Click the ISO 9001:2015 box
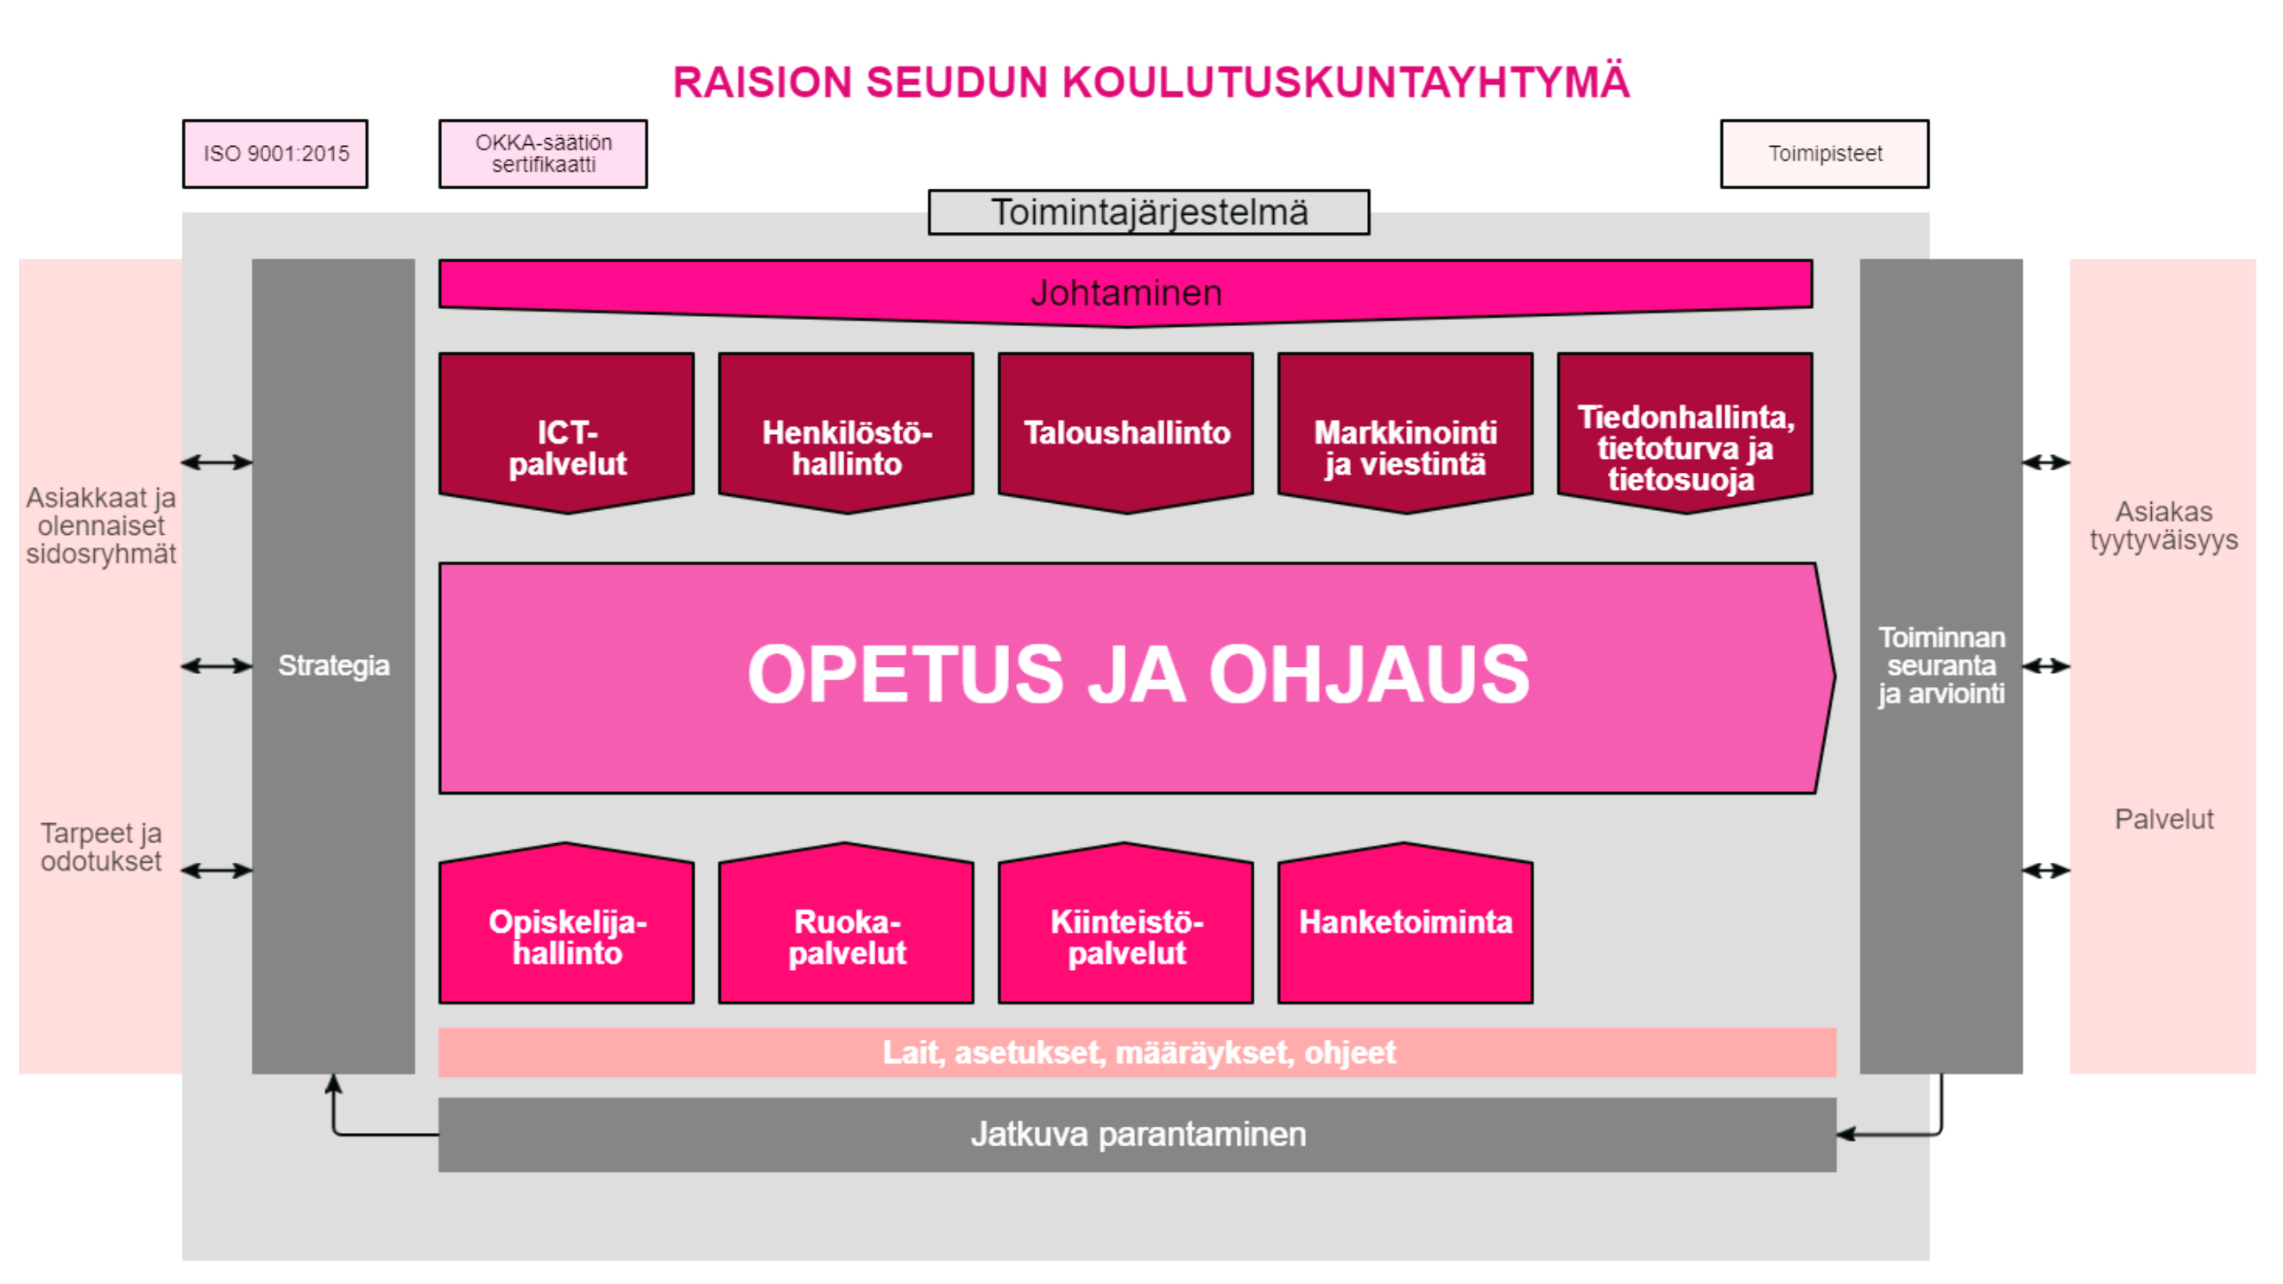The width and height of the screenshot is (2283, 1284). point(275,154)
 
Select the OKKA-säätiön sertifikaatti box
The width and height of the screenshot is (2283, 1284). point(543,154)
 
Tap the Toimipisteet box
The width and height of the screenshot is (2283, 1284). point(1825,154)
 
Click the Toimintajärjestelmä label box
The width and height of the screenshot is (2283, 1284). point(1149,212)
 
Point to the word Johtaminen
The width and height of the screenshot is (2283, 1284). point(1126,293)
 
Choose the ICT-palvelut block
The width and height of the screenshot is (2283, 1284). point(567,432)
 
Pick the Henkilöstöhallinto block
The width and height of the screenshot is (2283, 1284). point(847,432)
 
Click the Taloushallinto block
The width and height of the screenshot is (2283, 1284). point(1126,432)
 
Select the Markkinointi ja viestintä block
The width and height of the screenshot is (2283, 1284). point(1405,432)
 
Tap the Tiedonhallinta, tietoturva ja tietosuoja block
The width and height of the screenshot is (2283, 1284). point(1685,432)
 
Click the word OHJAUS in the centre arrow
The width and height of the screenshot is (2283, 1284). point(1369,676)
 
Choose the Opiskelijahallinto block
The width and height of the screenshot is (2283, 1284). point(567,923)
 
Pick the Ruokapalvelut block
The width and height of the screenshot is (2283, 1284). point(847,923)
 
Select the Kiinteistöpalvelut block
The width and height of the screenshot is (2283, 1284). point(1126,923)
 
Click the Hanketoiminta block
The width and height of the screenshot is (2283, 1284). point(1405,923)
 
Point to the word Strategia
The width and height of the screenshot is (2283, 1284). point(334,666)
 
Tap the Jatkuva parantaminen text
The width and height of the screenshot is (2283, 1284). point(1138,1134)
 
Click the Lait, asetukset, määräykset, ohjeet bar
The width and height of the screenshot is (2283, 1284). point(1137,1053)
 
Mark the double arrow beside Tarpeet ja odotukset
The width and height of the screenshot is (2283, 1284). point(218,871)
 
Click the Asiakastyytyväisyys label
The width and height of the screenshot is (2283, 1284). point(2163,526)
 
